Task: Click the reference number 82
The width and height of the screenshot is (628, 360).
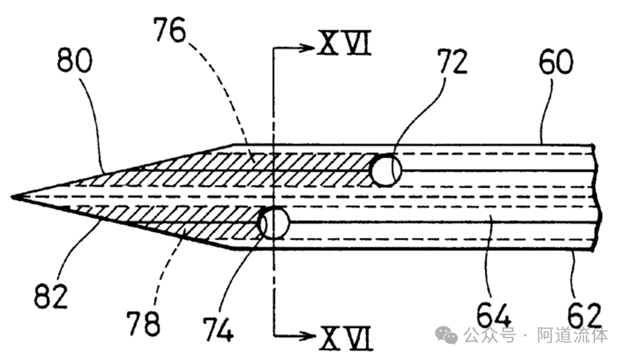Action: coord(49,296)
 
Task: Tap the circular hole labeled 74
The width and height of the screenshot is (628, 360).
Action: coord(273,223)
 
